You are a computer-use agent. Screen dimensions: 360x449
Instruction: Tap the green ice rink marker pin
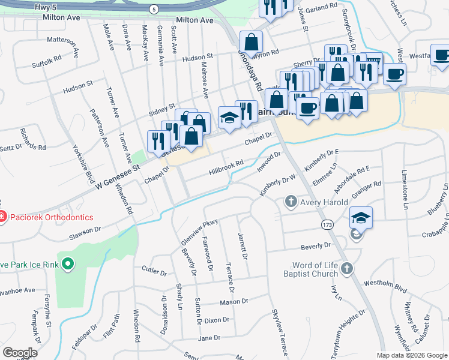(x=68, y=263)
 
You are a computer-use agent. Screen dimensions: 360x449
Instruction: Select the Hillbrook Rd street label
(x=226, y=167)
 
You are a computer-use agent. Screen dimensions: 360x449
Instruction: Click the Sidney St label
(x=161, y=109)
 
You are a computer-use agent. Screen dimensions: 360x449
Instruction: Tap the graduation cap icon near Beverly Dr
(x=361, y=217)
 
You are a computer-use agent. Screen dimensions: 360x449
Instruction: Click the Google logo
(x=20, y=353)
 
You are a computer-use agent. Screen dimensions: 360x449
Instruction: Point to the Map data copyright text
(x=411, y=355)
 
